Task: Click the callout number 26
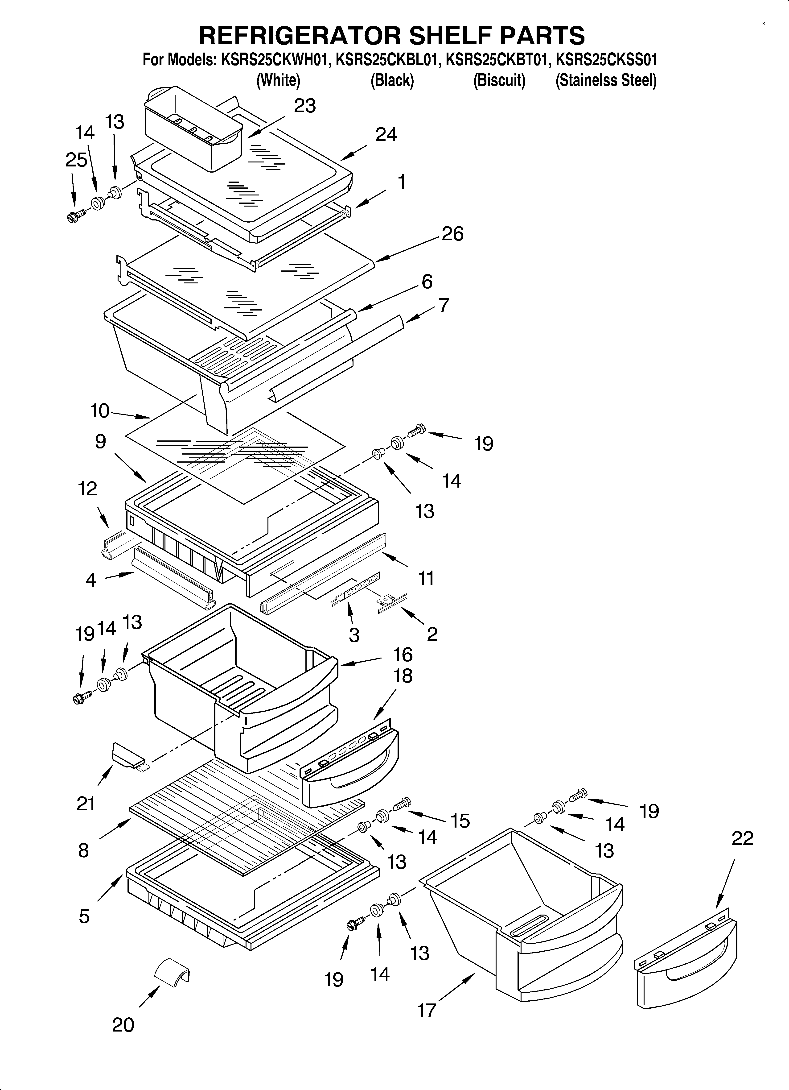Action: (x=452, y=234)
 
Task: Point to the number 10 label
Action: (x=100, y=411)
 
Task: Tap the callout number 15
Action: (x=460, y=821)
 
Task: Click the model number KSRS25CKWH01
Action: (x=276, y=60)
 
